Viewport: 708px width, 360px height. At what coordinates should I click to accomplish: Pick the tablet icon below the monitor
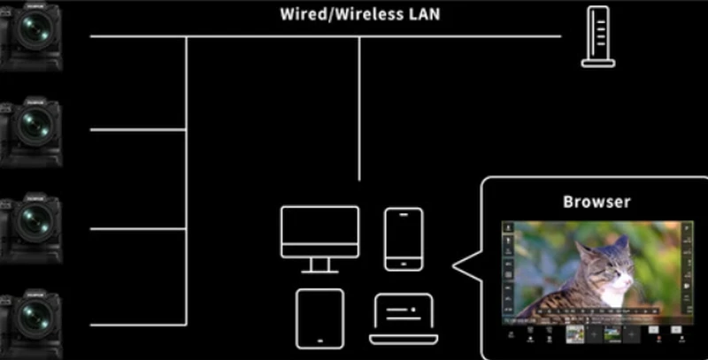[319, 317]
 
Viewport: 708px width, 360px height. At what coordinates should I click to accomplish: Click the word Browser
[596, 201]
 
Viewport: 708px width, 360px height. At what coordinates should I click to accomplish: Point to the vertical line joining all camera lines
[186, 177]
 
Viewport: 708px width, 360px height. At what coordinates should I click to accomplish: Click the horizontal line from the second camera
[137, 130]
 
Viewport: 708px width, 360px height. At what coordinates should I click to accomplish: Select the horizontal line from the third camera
[137, 228]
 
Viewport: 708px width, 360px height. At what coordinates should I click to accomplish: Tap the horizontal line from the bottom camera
[137, 321]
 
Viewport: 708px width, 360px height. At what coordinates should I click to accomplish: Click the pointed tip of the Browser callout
[455, 264]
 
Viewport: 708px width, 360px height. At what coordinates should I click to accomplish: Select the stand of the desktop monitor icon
[319, 263]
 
